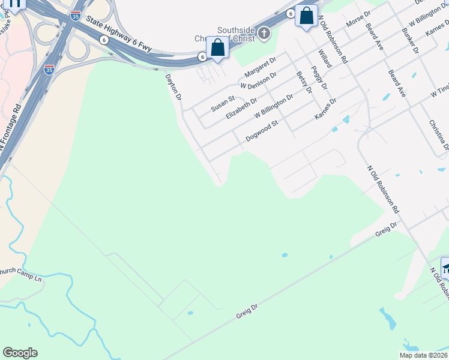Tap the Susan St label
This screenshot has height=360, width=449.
click(223, 103)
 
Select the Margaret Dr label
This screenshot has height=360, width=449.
click(259, 68)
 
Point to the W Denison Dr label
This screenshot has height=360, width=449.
click(258, 81)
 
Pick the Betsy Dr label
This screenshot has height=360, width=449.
click(305, 82)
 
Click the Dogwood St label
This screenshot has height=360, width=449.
click(263, 132)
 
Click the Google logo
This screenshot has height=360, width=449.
click(20, 353)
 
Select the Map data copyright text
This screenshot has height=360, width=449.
click(423, 355)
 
